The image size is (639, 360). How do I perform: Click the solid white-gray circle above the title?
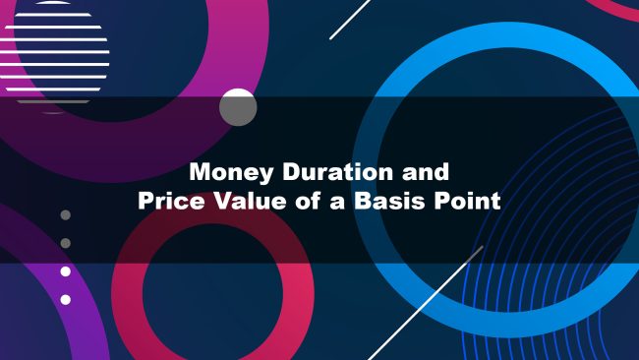237,107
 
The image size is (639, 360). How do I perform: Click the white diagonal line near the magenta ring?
349,20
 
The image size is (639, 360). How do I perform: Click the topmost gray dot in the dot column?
66,214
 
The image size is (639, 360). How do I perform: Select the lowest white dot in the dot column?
66,299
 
